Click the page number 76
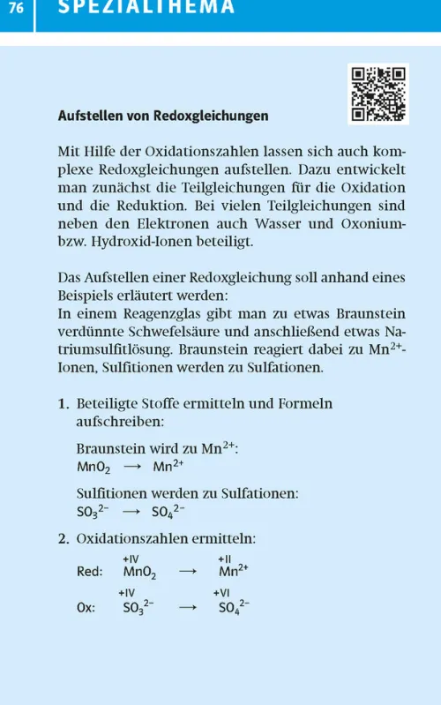point(17,8)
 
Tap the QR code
point(378,94)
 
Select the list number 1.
point(63,404)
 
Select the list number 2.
point(63,538)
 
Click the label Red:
point(90,571)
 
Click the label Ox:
point(85,608)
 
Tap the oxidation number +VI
point(222,593)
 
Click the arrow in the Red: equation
point(187,571)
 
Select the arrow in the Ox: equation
point(187,608)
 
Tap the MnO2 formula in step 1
point(93,468)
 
